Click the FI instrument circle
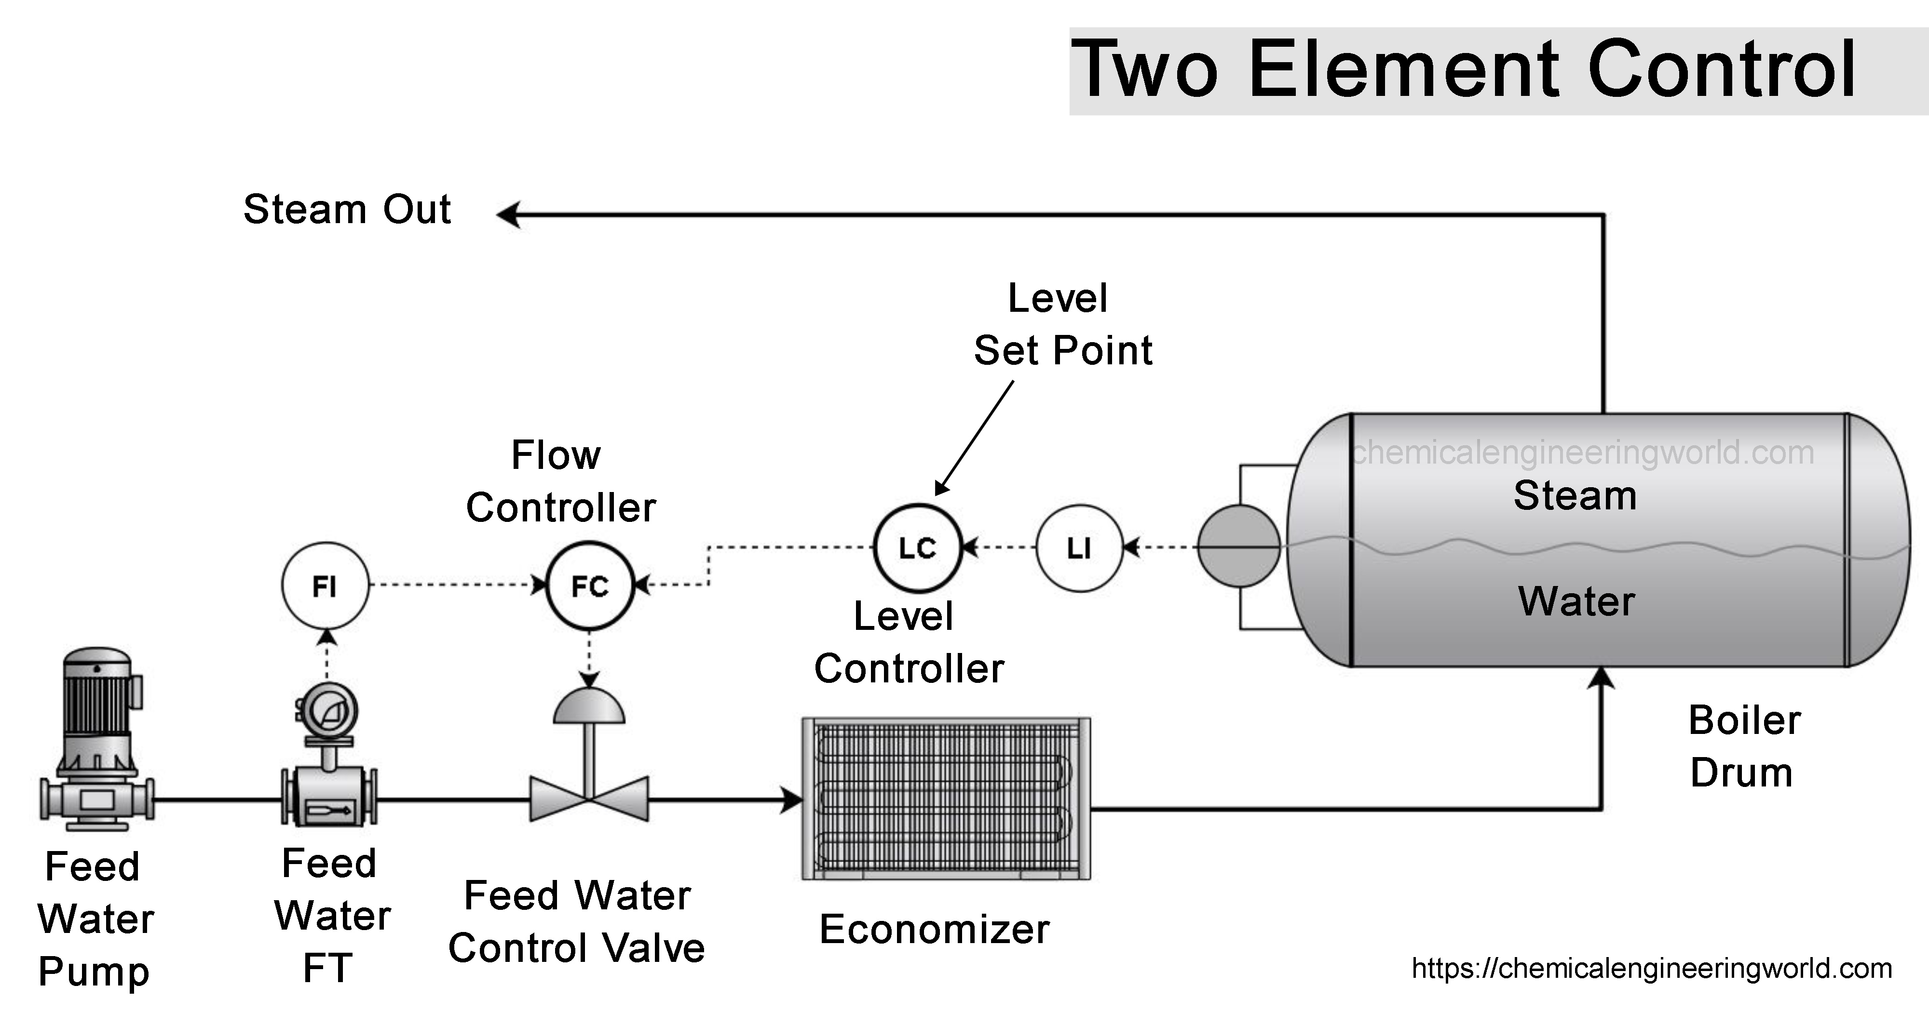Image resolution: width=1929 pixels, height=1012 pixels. pyautogui.click(x=325, y=586)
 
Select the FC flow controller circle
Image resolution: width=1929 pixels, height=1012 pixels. pyautogui.click(x=590, y=586)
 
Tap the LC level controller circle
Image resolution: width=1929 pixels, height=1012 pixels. pyautogui.click(x=917, y=548)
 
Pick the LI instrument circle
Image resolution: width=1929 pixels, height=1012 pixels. pyautogui.click(x=1079, y=548)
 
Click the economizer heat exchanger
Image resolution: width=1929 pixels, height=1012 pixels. pyautogui.click(x=946, y=798)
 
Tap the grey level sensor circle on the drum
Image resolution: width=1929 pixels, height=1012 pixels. pyautogui.click(x=1238, y=546)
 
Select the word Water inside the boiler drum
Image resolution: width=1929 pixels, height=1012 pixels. pyautogui.click(x=1576, y=601)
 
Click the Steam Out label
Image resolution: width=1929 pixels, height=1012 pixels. pyautogui.click(x=347, y=209)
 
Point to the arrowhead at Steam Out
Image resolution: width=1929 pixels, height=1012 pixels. pyautogui.click(x=509, y=215)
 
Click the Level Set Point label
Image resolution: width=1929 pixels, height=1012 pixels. pyautogui.click(x=1062, y=324)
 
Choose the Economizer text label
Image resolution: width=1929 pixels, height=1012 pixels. pyautogui.click(x=934, y=930)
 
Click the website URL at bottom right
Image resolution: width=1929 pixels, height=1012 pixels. pyautogui.click(x=1651, y=969)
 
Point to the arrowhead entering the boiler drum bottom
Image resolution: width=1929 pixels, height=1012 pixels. pyautogui.click(x=1602, y=678)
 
